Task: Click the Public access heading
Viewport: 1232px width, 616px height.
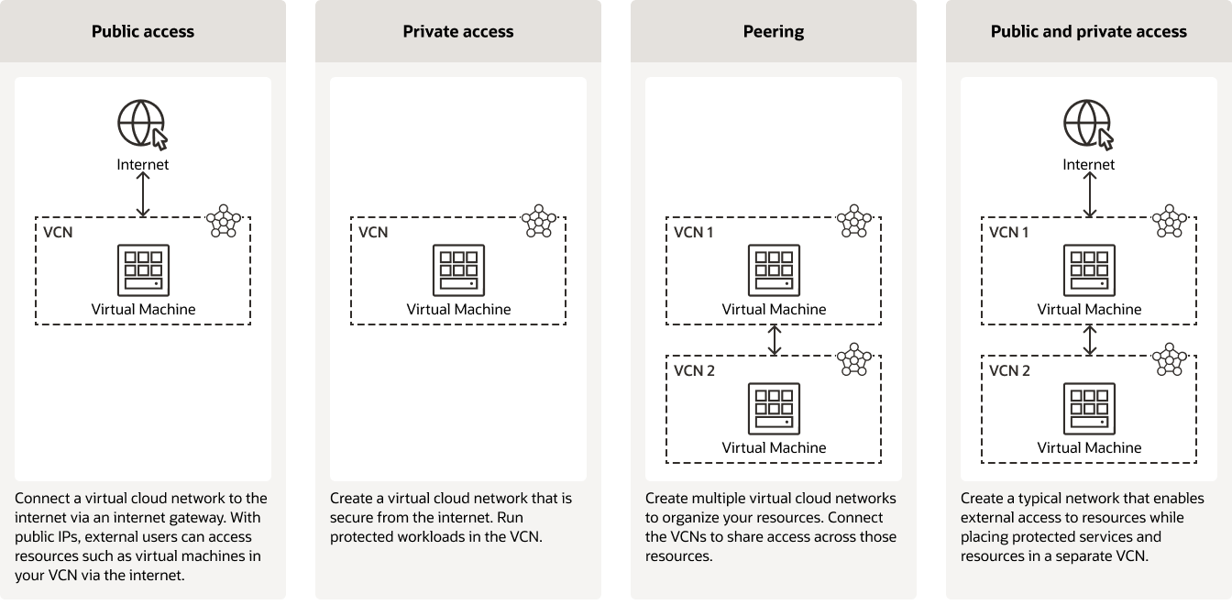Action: [142, 31]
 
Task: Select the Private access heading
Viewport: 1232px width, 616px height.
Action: [457, 31]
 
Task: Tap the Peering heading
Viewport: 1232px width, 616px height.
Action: [773, 31]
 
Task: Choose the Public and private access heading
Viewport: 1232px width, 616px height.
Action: [1088, 31]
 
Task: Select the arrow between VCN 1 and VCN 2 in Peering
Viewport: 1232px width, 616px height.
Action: [775, 339]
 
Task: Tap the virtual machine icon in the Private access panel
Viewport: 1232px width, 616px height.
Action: [458, 270]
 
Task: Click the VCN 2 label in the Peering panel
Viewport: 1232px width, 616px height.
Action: [694, 370]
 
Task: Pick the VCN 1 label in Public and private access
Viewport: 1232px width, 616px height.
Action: [1009, 232]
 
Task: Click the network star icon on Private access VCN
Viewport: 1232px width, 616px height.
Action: [538, 221]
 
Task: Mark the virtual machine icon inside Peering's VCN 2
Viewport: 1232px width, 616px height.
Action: [774, 409]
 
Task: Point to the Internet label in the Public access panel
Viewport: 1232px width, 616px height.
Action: [142, 165]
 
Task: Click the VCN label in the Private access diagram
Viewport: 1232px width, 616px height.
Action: [373, 232]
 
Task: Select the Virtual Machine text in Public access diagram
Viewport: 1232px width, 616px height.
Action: [143, 309]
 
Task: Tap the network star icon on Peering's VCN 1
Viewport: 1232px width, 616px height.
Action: [853, 221]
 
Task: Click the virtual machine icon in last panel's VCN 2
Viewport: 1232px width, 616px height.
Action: [1089, 409]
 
